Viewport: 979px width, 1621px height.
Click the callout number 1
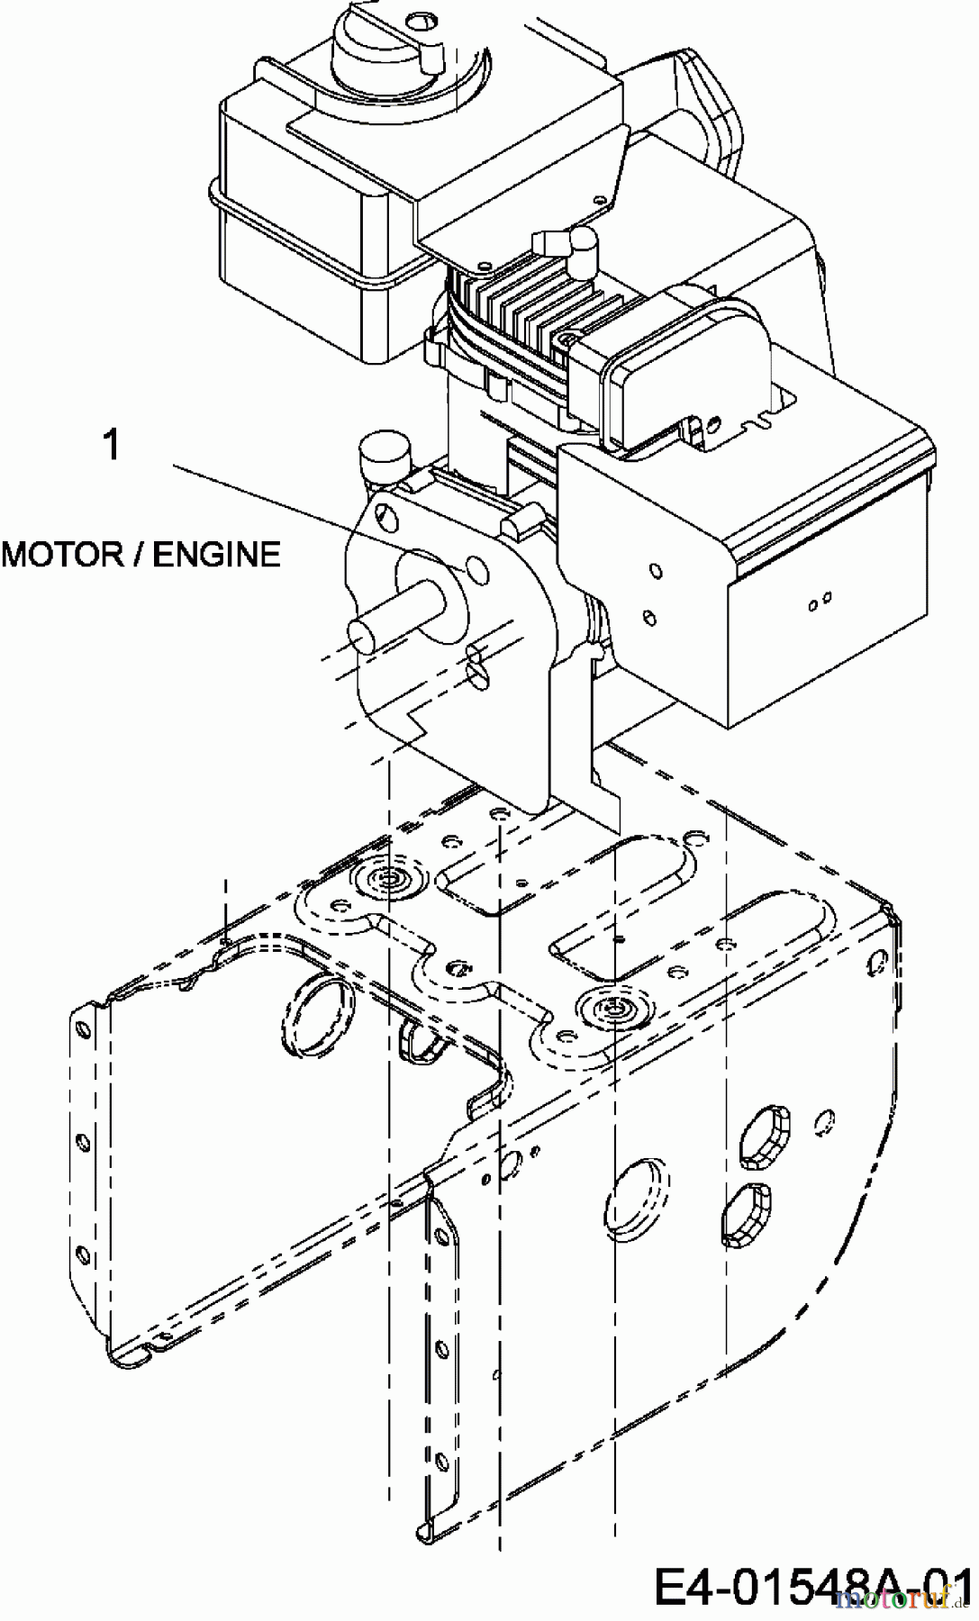(x=112, y=445)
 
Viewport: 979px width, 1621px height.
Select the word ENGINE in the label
(x=216, y=554)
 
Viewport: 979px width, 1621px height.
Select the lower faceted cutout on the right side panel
(x=748, y=1215)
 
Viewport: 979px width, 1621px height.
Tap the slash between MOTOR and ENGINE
(x=136, y=554)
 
